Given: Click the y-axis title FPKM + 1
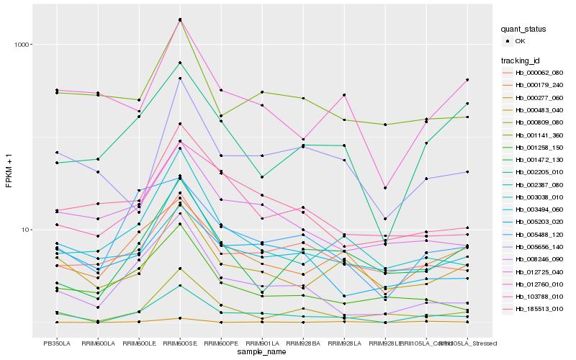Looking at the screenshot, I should click(9, 171).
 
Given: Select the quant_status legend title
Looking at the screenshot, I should click(524, 30).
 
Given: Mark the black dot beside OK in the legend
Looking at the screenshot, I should click(509, 41).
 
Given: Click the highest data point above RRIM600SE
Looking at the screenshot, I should click(180, 19).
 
